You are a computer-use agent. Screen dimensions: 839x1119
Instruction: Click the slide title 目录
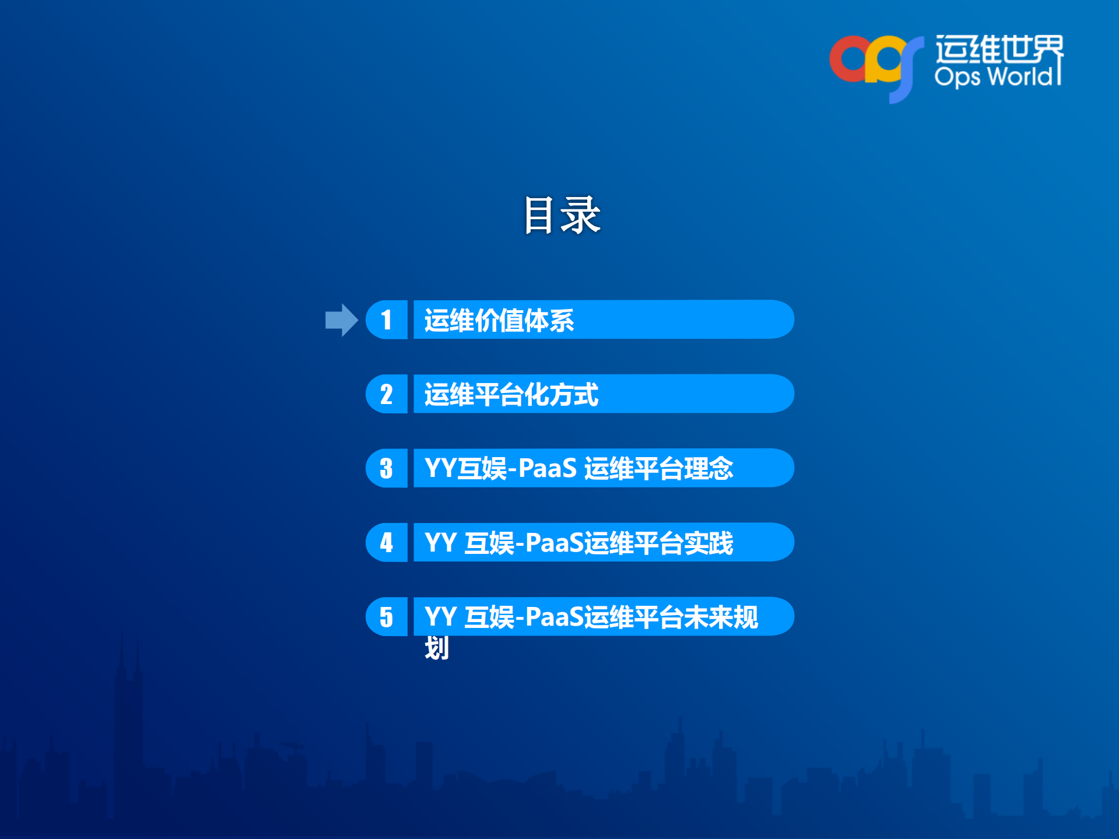pos(561,215)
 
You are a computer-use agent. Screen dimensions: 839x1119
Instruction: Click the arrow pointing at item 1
pos(341,320)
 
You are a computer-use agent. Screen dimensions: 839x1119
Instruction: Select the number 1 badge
pos(386,320)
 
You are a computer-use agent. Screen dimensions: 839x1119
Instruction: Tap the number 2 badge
pos(386,394)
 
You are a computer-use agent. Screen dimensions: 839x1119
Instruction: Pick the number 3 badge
pos(386,468)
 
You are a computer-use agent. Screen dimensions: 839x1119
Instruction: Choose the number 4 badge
pos(386,542)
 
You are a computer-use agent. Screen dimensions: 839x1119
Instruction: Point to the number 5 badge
pos(386,617)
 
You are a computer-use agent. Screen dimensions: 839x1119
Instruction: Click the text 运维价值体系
pos(499,320)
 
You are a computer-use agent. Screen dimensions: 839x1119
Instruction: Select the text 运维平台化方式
pos(511,395)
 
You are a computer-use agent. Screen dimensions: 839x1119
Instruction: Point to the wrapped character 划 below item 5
pos(437,648)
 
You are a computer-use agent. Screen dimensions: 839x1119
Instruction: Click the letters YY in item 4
pos(440,543)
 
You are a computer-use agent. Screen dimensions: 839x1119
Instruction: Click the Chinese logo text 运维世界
pos(999,49)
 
